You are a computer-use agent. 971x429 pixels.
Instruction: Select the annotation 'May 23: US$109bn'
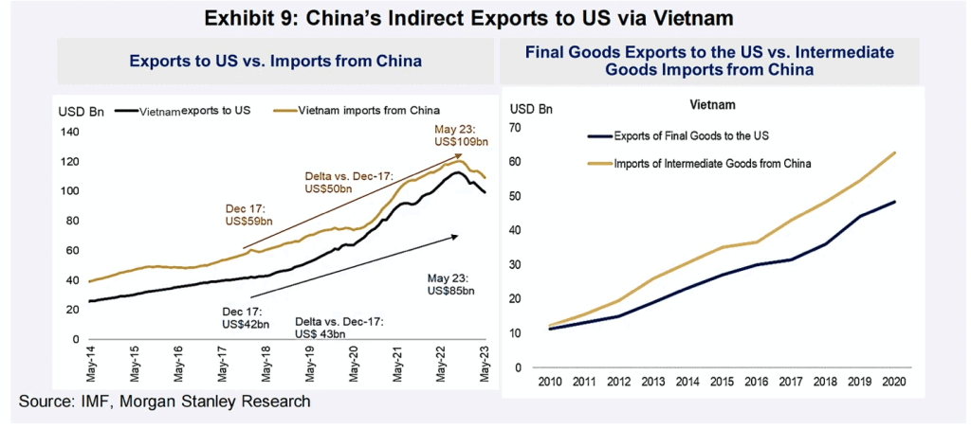point(461,136)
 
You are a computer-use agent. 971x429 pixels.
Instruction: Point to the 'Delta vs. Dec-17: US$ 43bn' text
point(338,328)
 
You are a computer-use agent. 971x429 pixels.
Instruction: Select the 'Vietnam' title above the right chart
point(712,104)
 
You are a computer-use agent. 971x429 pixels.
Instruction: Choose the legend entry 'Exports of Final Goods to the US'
point(681,135)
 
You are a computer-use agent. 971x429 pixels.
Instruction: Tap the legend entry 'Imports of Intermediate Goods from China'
point(700,164)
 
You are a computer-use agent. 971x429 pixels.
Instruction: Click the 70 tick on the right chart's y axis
point(518,127)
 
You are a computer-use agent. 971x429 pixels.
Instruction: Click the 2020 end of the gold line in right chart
point(895,152)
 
